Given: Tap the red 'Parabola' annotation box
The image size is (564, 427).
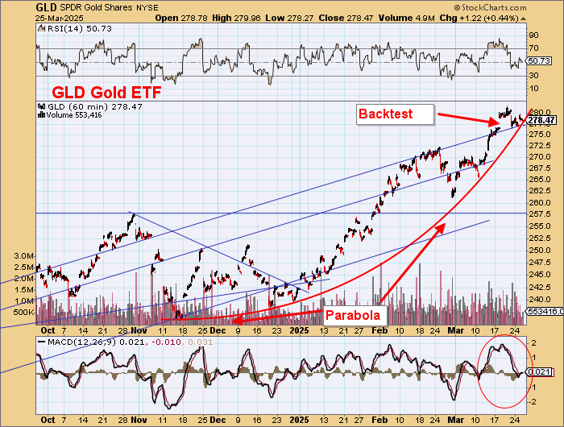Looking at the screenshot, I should (x=353, y=315).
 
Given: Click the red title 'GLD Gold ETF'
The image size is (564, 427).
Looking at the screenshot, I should (x=106, y=93).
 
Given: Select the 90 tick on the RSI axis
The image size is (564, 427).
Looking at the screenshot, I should (x=533, y=35).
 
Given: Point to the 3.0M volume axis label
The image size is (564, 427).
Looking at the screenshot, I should (x=23, y=255).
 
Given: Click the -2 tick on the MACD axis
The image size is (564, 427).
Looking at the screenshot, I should (x=533, y=400).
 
